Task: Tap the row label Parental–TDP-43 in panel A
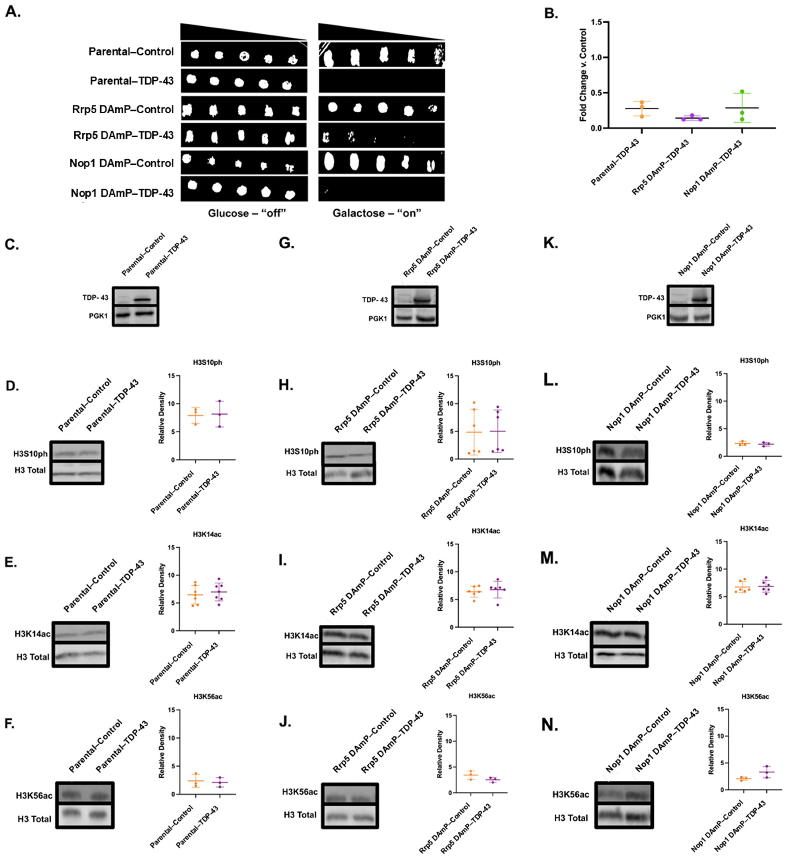click(132, 81)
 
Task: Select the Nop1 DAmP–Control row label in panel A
click(122, 163)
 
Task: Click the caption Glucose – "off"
click(246, 213)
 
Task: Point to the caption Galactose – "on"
click(377, 213)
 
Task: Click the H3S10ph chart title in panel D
click(208, 363)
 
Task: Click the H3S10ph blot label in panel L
click(573, 450)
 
